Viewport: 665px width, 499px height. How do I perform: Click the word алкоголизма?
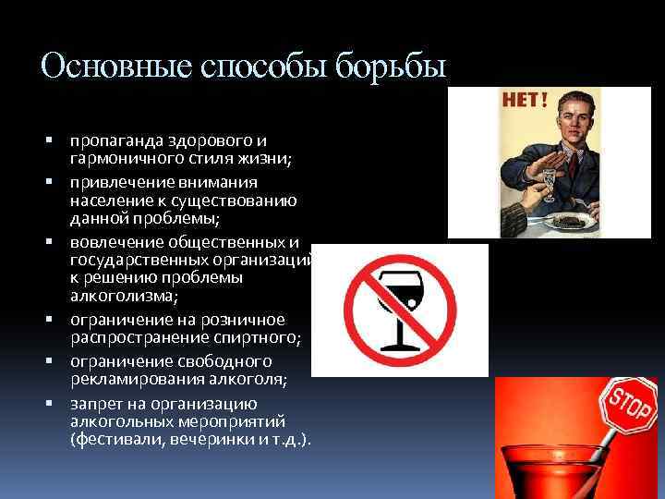tap(114, 297)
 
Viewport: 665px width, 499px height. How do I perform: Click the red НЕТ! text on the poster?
tap(524, 100)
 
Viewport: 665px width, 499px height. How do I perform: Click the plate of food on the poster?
tap(563, 220)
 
